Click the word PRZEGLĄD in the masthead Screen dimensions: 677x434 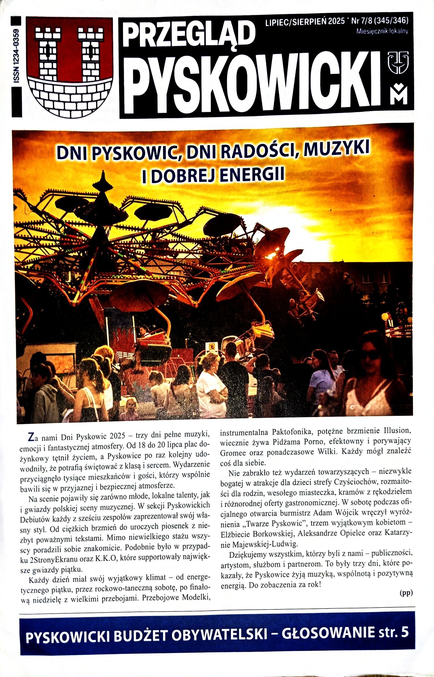tap(188, 34)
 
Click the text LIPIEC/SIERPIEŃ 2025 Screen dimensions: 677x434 tap(305, 21)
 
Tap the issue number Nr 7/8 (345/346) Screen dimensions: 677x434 tap(380, 21)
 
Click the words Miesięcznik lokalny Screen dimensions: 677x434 tap(382, 32)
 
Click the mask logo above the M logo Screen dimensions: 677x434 tap(398, 62)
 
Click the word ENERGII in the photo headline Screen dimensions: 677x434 tap(252, 174)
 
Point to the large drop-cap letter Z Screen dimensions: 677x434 tap(31, 437)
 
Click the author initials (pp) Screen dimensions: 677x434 tap(406, 593)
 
